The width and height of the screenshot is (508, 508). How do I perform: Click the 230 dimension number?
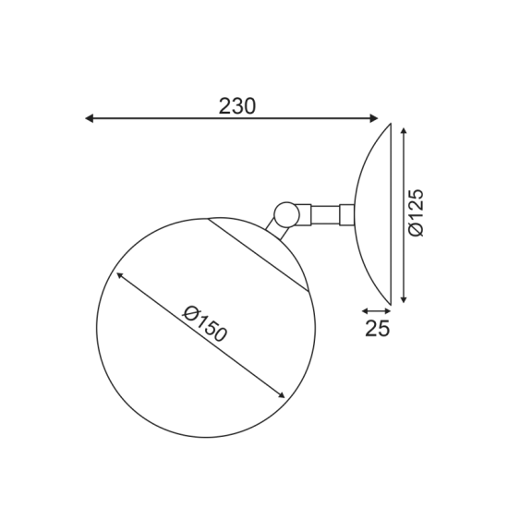(236, 105)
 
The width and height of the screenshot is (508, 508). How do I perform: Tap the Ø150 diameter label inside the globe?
(205, 322)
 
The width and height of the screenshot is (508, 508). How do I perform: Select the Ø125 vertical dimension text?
(417, 212)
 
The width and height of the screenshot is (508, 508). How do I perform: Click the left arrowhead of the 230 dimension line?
(90, 118)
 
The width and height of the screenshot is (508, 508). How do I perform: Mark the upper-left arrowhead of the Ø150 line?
(120, 275)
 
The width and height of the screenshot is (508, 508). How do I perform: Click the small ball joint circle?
(286, 214)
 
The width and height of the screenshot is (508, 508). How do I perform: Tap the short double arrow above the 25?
(375, 311)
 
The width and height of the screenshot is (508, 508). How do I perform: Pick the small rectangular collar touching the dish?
(347, 214)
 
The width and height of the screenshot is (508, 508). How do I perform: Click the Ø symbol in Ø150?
(190, 311)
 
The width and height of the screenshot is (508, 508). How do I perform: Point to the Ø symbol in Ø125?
(417, 230)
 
